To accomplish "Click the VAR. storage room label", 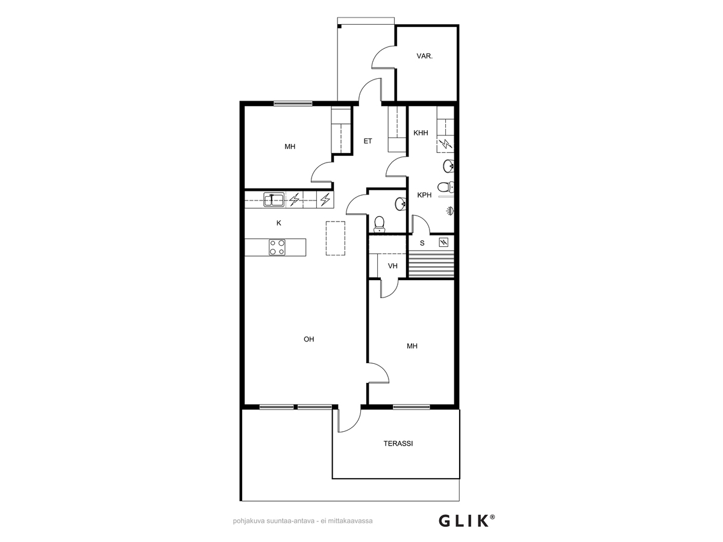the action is coord(424,56).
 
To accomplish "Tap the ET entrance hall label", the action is coord(368,141).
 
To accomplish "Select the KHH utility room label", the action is coord(421,133).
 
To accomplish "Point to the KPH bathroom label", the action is coord(424,195).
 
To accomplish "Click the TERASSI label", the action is coord(398,444).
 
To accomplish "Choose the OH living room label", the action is coord(308,339).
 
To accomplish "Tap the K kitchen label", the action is coord(279,223).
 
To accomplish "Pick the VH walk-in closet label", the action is coord(392,266).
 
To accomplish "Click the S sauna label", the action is coord(422,243).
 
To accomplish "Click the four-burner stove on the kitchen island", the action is coord(277,248).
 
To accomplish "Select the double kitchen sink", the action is coord(274,200).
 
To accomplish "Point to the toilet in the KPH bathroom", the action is coord(445,187).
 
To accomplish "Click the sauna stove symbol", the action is coord(443,243).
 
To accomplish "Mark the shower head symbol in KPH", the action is coord(449,210).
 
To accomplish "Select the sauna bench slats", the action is coord(431,264).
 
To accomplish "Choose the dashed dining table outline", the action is coord(336,238).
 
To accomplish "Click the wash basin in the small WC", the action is coord(401,204).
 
